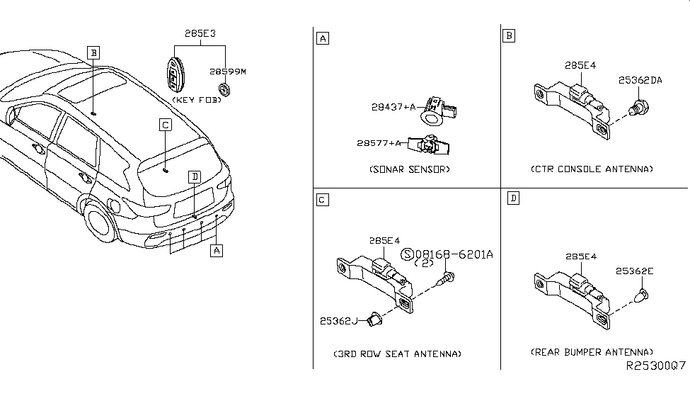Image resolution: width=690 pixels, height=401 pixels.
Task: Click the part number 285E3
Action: coord(200,33)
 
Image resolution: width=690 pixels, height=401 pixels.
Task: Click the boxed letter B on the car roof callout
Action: coord(93,52)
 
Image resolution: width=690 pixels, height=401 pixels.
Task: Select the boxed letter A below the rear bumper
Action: coord(217,250)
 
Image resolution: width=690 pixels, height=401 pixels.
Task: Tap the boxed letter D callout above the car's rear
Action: coord(194,176)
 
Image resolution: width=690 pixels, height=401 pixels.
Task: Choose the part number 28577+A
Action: coord(379,143)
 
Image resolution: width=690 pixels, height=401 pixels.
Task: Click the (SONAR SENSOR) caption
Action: coord(409,169)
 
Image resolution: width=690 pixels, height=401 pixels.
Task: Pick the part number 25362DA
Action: coord(639,81)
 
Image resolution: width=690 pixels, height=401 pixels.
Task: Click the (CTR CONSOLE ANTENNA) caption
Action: coord(592,169)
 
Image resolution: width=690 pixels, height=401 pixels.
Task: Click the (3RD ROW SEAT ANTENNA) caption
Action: coord(397,354)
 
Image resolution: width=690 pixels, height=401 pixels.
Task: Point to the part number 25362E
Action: coord(635,271)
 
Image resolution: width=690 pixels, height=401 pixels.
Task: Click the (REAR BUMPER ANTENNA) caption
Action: coord(592,352)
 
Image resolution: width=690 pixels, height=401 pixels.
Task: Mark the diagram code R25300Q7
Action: coord(655,367)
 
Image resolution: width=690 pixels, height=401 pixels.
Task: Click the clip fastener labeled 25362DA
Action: coord(639,108)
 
